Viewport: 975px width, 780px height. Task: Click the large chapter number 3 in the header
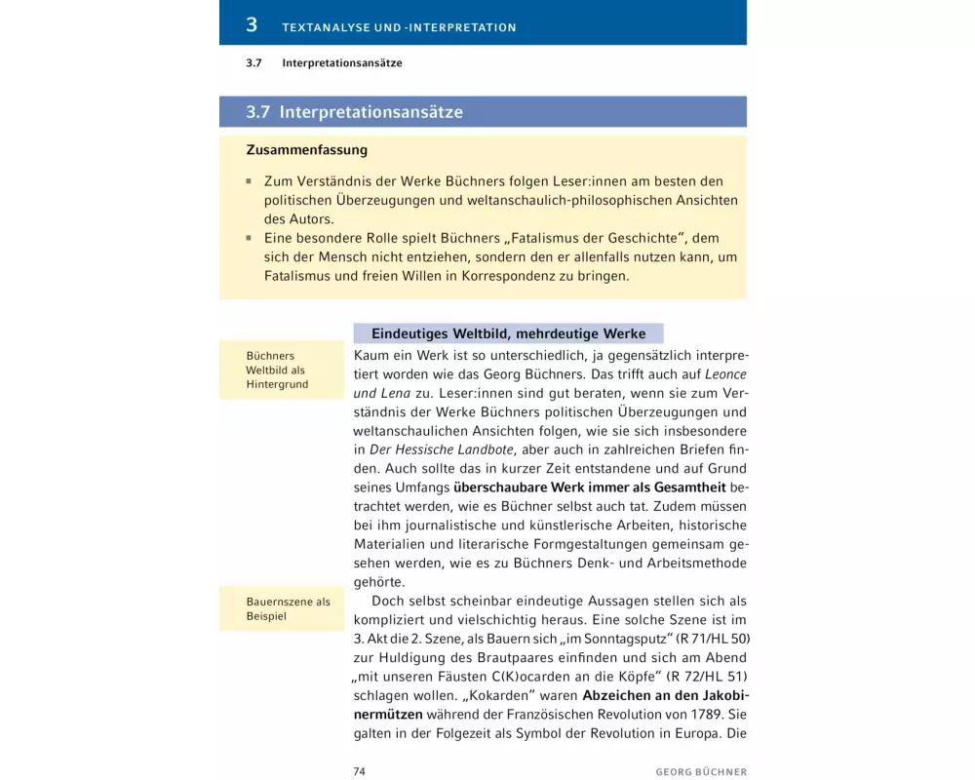(x=252, y=24)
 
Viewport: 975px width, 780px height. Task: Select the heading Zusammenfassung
(x=306, y=151)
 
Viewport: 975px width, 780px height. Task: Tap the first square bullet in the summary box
(x=250, y=181)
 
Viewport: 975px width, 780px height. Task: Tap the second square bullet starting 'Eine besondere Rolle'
(x=250, y=238)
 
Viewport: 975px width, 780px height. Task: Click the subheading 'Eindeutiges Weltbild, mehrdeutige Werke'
(x=508, y=333)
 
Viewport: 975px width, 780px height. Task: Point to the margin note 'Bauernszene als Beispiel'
(x=288, y=609)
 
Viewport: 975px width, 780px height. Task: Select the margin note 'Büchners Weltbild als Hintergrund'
(x=278, y=370)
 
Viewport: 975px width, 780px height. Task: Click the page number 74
(x=359, y=771)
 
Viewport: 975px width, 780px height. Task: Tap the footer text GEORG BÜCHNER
(x=701, y=771)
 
